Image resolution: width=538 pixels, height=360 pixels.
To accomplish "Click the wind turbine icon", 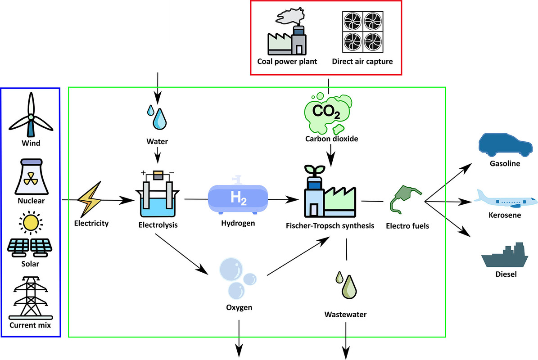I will pos(31,115).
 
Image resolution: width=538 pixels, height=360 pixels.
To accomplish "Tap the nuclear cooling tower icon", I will pos(31,175).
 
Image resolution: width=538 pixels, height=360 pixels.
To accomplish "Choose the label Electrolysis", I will pos(158,223).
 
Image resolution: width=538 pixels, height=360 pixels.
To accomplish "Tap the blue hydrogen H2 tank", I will pos(238,197).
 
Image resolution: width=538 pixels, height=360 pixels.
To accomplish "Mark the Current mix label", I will pos(30,325).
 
